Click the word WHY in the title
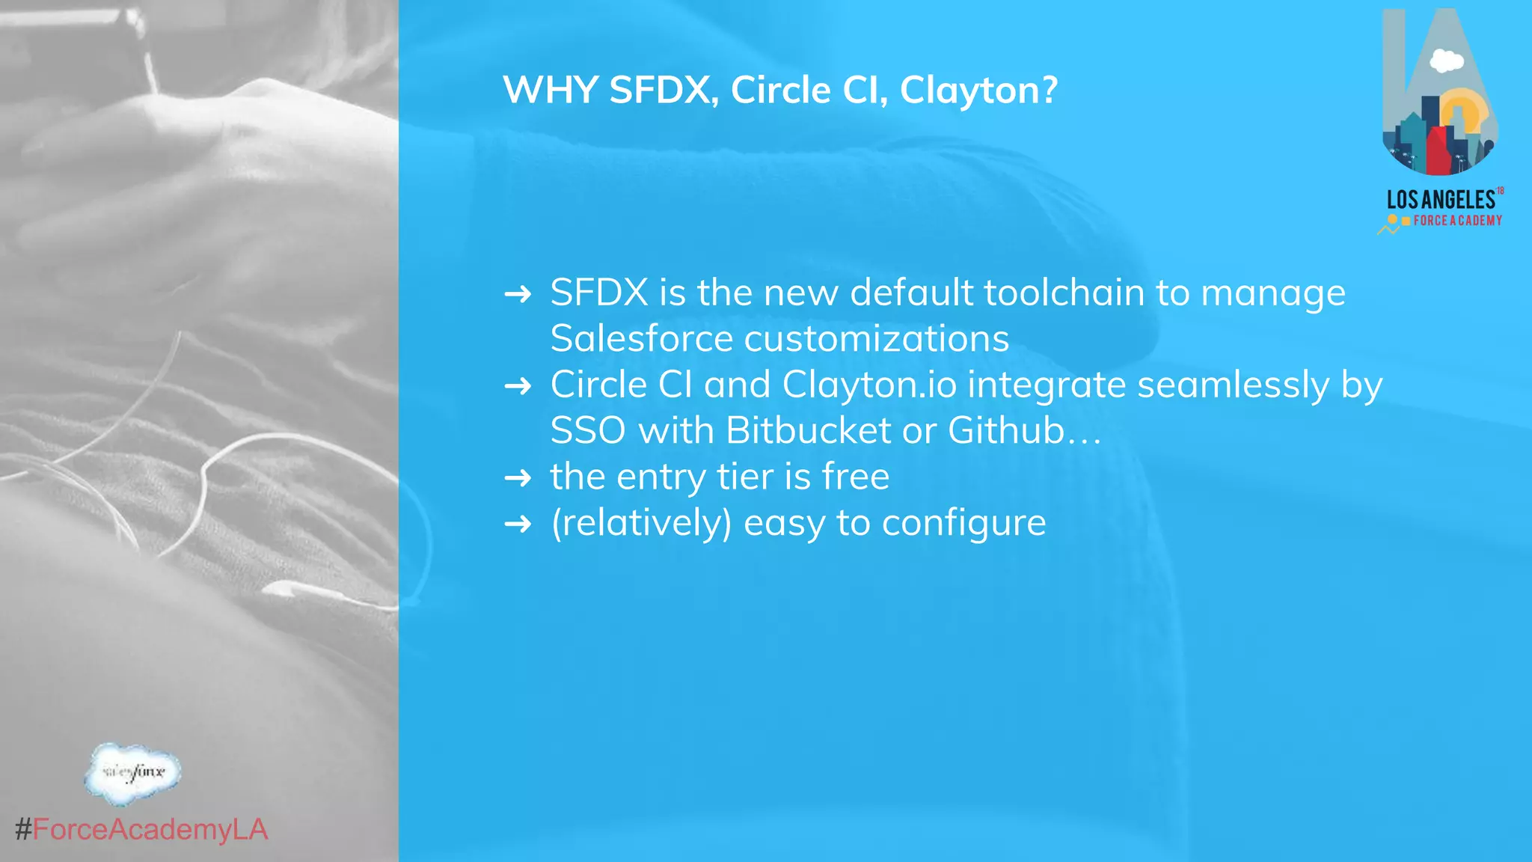point(550,91)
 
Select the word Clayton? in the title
point(978,91)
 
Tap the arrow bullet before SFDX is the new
point(518,294)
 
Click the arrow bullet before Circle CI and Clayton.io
point(518,386)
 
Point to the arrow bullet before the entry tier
point(518,477)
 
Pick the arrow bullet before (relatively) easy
point(518,524)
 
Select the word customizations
point(876,339)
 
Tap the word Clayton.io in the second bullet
point(869,386)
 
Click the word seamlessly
point(1233,386)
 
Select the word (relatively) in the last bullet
point(641,523)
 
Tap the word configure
point(963,523)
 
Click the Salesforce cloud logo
point(132,773)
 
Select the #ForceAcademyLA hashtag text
point(141,830)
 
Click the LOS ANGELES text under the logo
point(1441,200)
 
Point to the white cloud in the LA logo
point(1446,61)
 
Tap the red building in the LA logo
point(1438,150)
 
